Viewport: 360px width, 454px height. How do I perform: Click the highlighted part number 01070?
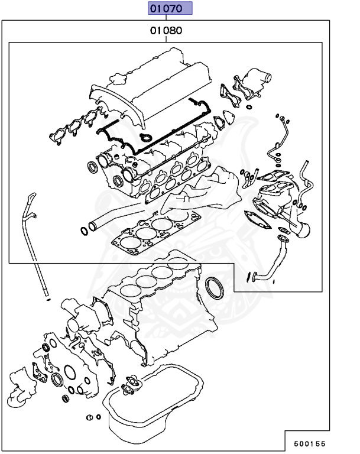point(170,8)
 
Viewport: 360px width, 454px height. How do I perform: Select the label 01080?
point(166,30)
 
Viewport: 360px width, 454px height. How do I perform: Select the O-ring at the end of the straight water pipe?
point(83,229)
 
